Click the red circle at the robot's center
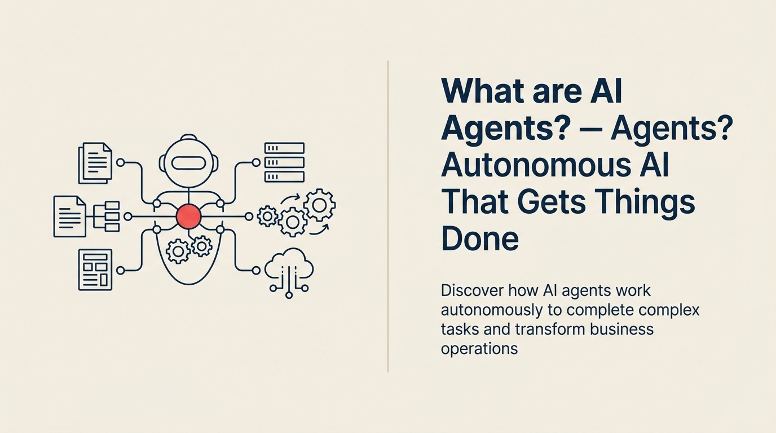188,216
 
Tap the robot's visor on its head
188,164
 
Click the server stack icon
284,162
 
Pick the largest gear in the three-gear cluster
319,205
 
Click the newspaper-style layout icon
95,269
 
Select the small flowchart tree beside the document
107,216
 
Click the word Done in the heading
480,238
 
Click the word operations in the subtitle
479,348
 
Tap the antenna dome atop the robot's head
188,139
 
